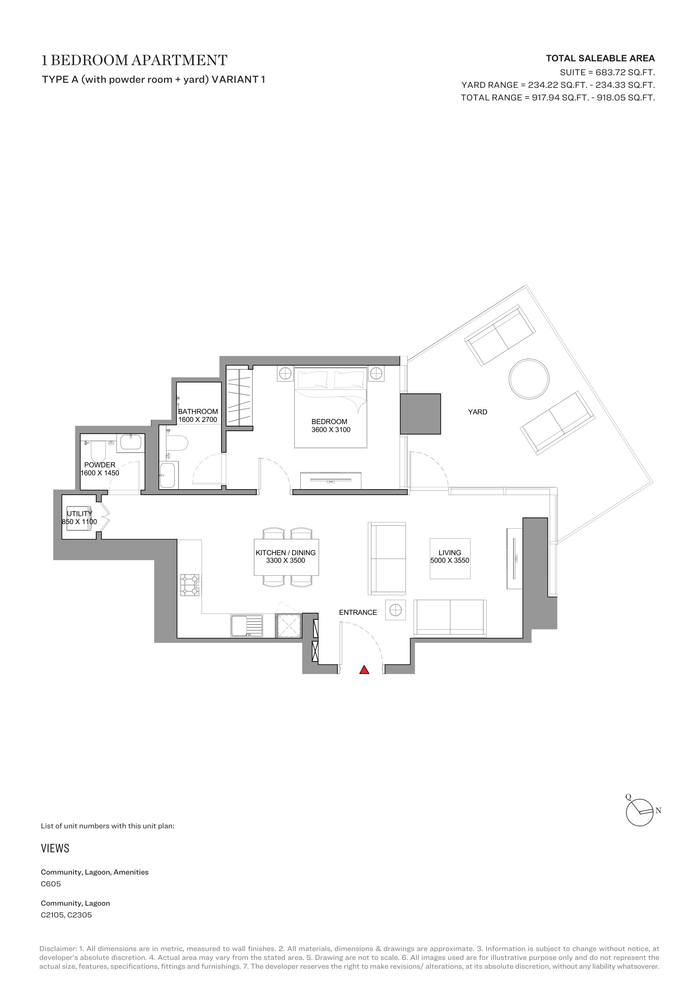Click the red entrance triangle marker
[364, 670]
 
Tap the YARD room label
[478, 412]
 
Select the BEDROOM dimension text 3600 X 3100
[331, 430]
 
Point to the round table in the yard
[529, 379]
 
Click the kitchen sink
[247, 626]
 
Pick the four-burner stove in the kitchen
[190, 585]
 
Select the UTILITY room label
[79, 513]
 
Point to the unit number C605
[51, 884]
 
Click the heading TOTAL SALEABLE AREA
[600, 58]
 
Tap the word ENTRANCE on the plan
[358, 613]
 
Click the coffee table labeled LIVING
[450, 559]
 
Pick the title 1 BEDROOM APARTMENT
[134, 61]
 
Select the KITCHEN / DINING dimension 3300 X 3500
[285, 561]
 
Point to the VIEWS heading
[55, 849]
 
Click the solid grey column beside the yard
[420, 414]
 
